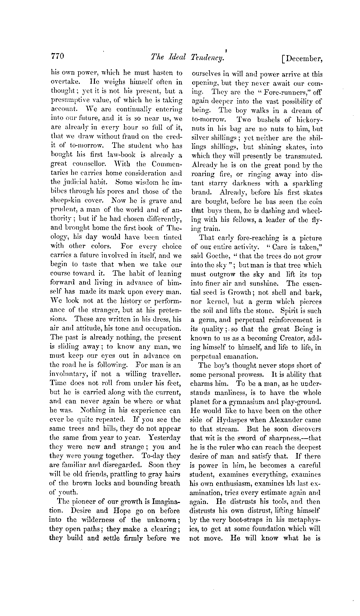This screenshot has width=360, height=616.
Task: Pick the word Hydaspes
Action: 230,420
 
